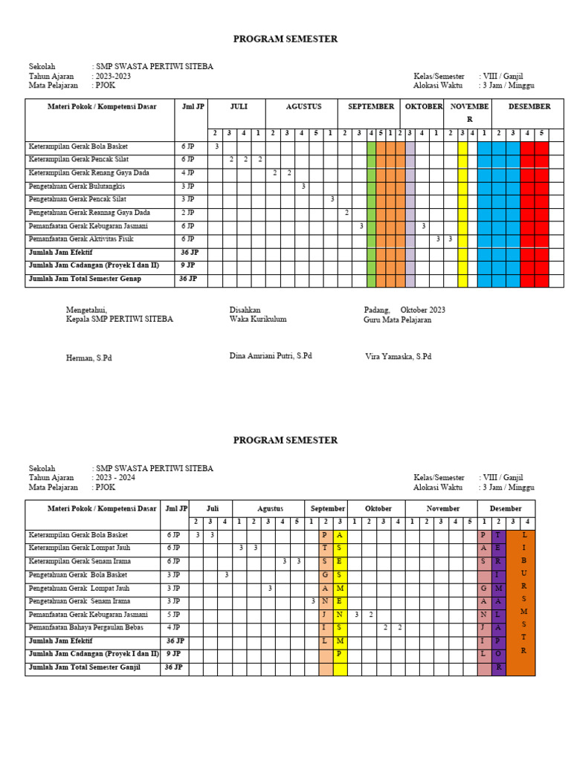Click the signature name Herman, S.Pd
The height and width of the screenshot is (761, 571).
coord(88,357)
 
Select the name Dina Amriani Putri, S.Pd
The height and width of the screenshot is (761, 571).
coord(271,356)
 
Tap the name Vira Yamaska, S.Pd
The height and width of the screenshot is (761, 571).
coord(397,357)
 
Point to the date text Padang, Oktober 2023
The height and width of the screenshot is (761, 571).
coord(404,310)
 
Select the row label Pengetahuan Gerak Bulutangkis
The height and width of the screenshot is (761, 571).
coord(77,186)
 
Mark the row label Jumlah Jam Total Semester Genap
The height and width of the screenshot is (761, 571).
coord(85,279)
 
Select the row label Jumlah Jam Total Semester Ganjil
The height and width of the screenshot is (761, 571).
coord(84,667)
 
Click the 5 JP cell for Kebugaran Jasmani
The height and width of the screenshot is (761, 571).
coord(174,615)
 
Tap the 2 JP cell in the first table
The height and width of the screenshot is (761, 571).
coord(187,213)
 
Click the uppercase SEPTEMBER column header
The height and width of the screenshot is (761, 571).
coord(371,106)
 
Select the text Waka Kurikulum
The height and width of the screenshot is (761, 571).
coord(258,319)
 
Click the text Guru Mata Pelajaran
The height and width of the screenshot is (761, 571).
coord(397,320)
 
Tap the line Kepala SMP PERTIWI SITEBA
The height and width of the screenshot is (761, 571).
coord(120,319)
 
